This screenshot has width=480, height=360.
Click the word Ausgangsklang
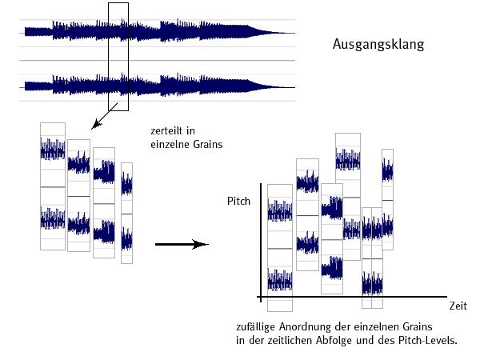378,45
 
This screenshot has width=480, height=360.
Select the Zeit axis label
458,306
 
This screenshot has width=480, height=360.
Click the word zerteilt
167,131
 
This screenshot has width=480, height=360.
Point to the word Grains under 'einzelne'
206,145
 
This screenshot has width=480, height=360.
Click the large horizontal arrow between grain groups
181,245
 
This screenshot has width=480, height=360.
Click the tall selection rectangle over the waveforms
118,56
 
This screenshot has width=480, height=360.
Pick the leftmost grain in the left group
52,186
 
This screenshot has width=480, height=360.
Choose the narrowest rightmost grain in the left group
126,212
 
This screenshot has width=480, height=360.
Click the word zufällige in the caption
257,328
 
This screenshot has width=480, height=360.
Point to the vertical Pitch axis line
261,240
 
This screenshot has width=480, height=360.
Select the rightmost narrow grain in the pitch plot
387,198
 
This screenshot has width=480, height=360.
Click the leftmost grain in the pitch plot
279,248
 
